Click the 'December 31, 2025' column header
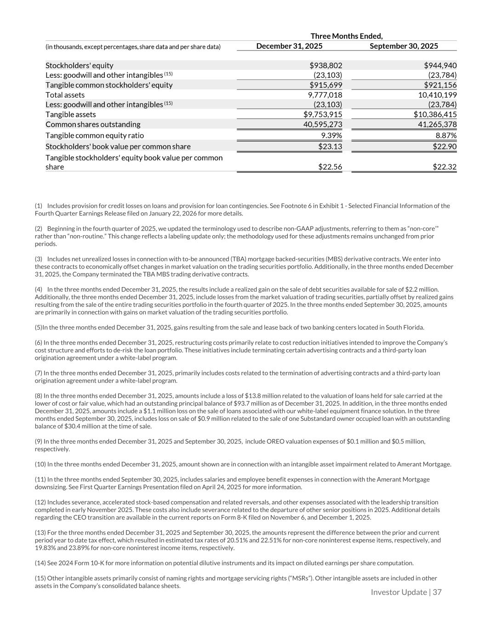click(x=289, y=46)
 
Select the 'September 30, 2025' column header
click(x=404, y=46)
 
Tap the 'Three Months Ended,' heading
click(x=347, y=36)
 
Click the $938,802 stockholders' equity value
click(x=325, y=66)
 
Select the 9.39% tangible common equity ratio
click(x=331, y=136)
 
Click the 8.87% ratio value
click(x=445, y=136)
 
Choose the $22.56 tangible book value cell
click(x=330, y=167)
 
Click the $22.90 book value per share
click(x=445, y=147)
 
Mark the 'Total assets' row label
click(x=65, y=95)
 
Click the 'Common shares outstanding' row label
click(x=93, y=124)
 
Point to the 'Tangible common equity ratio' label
click(x=94, y=136)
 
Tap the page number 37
click(x=437, y=592)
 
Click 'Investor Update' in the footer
click(x=399, y=592)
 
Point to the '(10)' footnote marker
click(x=40, y=464)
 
